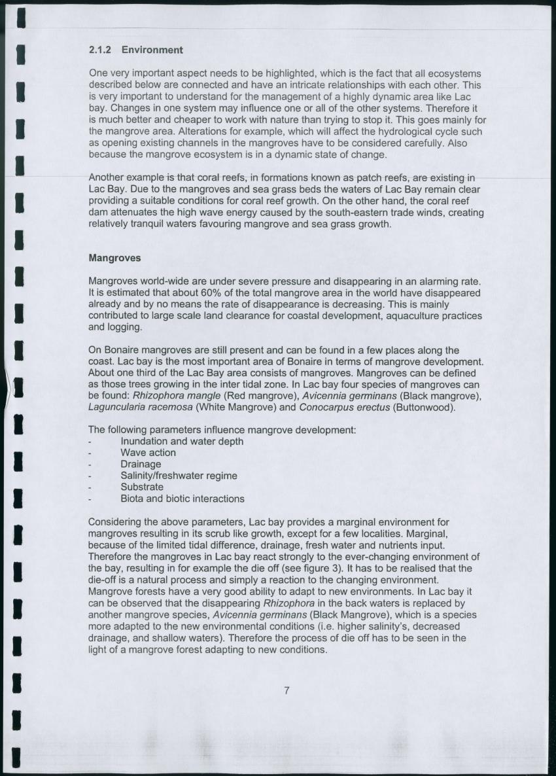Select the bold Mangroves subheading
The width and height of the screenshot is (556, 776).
(114, 258)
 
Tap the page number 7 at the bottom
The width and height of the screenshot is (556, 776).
(287, 690)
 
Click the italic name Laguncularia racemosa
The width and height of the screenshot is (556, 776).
(140, 407)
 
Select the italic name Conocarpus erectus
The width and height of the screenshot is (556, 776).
(341, 407)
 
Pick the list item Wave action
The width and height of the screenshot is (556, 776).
(148, 453)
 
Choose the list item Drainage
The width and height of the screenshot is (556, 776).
(141, 465)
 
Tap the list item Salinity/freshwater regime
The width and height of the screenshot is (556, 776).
(179, 476)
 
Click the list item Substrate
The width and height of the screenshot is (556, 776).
(142, 487)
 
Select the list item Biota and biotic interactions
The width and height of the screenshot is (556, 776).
(182, 499)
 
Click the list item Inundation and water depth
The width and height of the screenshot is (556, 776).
(182, 442)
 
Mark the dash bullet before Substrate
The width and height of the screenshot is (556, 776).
(90, 487)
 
